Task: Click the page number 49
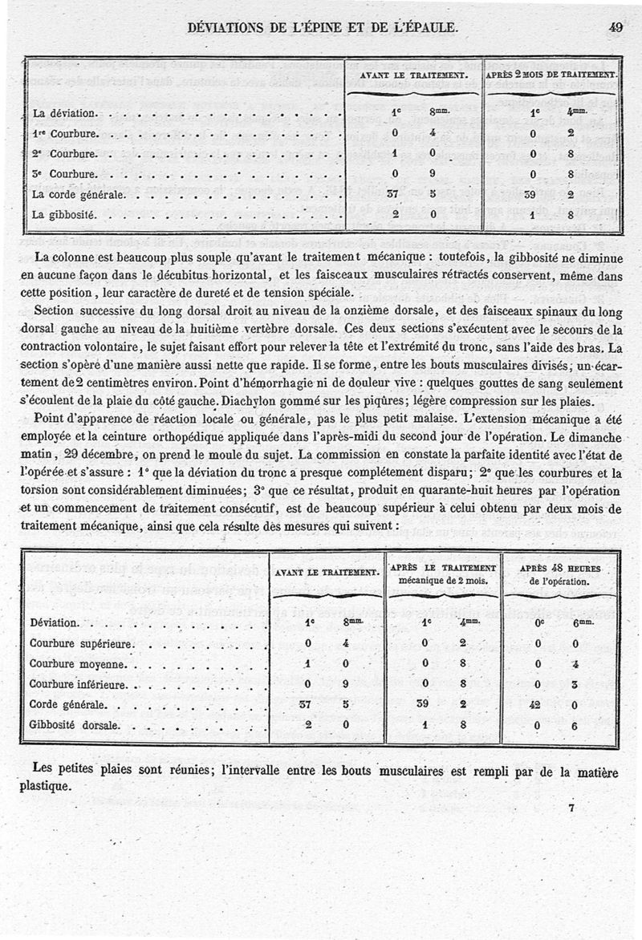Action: point(616,26)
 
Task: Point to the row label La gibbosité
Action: point(64,215)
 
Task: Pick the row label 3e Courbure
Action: point(65,173)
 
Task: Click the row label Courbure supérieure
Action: point(81,643)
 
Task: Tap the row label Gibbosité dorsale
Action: point(75,726)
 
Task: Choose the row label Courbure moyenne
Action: point(78,664)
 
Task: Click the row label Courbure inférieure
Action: point(79,685)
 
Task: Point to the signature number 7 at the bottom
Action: point(571,808)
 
